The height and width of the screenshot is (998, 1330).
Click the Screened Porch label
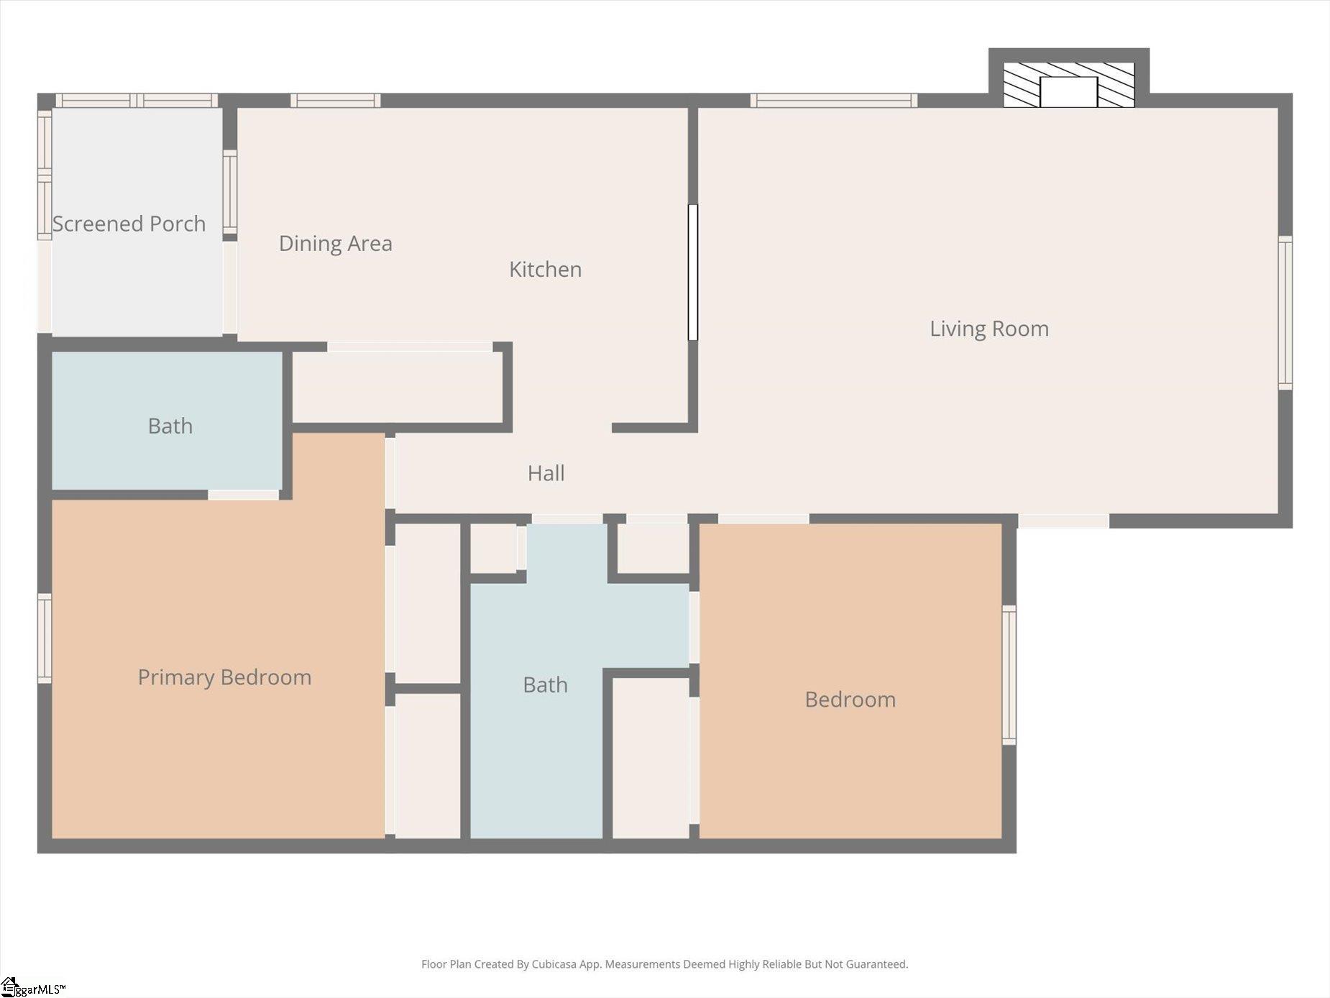[x=129, y=224]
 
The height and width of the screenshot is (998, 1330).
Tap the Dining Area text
[x=336, y=244]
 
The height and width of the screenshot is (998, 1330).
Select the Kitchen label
[x=546, y=270]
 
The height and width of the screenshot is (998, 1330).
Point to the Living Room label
[x=989, y=329]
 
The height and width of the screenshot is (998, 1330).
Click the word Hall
[x=546, y=473]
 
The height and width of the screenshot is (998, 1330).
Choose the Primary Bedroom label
[x=224, y=677]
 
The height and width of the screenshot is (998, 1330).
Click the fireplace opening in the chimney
[x=1069, y=92]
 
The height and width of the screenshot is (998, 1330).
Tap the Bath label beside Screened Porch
[x=170, y=426]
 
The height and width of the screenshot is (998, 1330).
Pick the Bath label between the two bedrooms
[x=545, y=685]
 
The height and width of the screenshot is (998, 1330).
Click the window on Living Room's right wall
[x=1285, y=313]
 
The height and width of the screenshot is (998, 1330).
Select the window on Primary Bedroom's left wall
[x=45, y=638]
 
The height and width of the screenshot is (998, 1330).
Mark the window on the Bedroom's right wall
[x=1009, y=675]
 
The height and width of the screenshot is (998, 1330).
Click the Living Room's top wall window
[x=834, y=101]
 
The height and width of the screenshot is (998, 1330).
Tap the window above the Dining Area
[x=336, y=101]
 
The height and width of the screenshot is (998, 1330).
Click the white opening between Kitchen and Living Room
[x=693, y=273]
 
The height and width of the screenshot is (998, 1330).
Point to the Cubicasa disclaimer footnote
[x=665, y=964]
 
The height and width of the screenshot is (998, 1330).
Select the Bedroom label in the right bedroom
[x=850, y=700]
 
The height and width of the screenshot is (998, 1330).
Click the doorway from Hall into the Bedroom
[x=763, y=519]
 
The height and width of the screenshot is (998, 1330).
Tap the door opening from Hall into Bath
[x=567, y=519]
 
